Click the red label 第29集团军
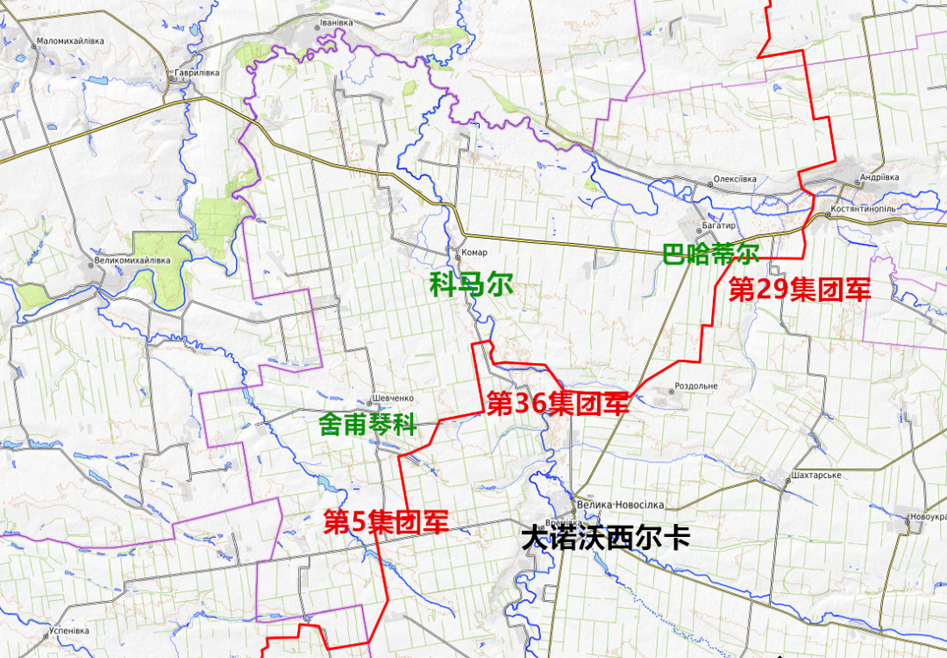click(800, 290)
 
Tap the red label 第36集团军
click(558, 404)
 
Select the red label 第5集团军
click(387, 522)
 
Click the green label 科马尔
click(471, 285)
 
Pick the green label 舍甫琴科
click(367, 426)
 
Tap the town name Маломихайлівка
click(71, 41)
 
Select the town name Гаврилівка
click(197, 74)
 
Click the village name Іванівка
click(336, 22)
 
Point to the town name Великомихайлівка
click(132, 261)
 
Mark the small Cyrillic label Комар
click(473, 253)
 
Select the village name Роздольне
click(697, 386)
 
